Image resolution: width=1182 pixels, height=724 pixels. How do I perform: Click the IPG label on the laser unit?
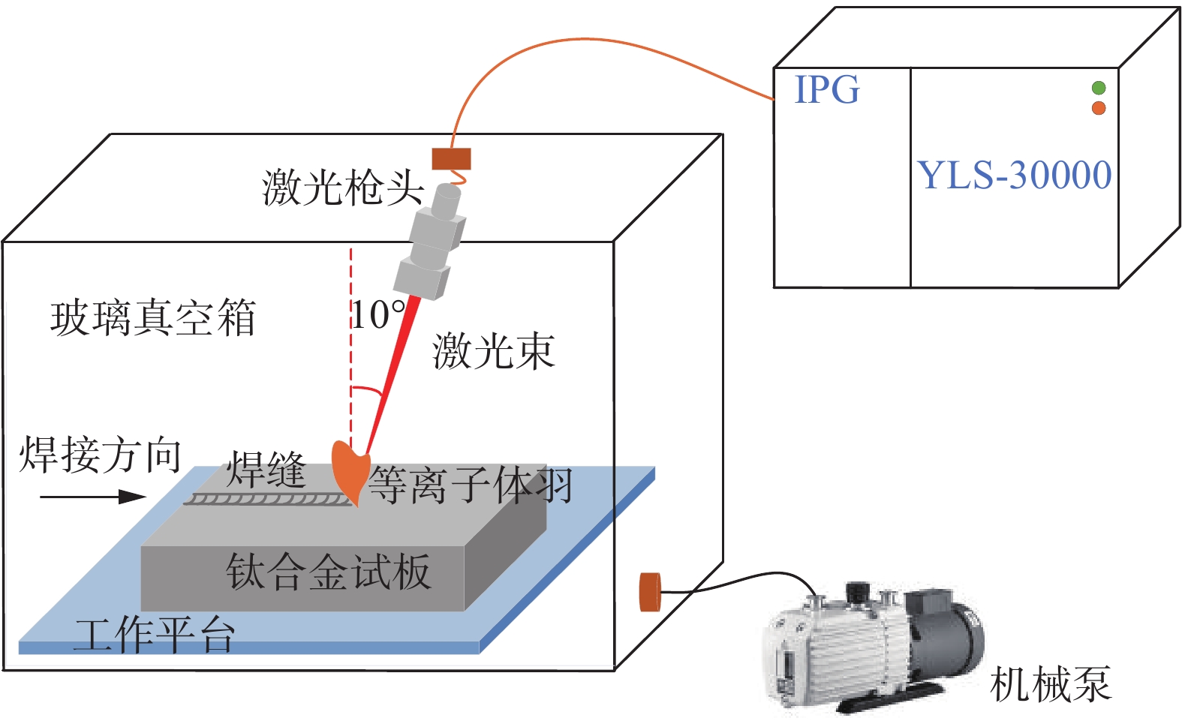826,90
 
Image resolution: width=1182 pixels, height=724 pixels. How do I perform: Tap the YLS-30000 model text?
1014,175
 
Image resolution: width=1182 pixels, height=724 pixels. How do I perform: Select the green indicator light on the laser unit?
1099,89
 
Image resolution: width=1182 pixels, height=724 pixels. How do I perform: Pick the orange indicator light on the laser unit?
1099,108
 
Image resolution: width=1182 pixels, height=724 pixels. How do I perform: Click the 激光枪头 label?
343,187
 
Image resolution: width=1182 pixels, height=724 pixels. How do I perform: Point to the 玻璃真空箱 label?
153,317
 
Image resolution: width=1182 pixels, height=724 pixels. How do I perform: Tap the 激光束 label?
493,351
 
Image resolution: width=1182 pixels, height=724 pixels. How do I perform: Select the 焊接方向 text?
100,455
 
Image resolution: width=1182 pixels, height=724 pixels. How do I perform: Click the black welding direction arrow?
92,496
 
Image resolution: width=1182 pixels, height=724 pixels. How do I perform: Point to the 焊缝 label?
266,470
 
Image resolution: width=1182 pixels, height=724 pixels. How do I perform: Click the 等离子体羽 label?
471,485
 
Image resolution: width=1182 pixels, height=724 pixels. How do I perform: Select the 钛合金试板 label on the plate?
328,572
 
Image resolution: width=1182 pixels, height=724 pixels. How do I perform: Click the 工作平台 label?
154,635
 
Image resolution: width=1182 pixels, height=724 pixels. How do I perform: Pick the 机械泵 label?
1050,684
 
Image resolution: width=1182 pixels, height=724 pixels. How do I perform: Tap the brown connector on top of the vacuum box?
451,159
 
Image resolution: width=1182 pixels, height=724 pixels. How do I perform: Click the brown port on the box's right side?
649,592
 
